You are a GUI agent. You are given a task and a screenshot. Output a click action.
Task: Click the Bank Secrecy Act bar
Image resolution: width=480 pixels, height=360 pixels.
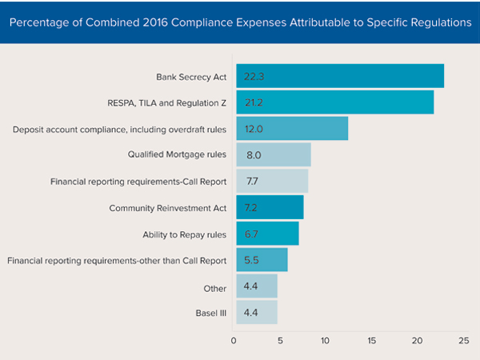click(339, 76)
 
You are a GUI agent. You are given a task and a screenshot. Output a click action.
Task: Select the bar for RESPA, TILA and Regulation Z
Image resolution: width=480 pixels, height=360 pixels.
click(334, 102)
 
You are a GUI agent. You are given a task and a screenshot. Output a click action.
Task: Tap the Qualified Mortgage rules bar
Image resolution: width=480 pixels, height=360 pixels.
click(273, 154)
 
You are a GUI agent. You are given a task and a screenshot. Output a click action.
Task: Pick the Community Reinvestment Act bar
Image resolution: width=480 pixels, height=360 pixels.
click(269, 207)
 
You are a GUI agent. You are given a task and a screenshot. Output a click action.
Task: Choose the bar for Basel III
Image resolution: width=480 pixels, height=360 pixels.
click(256, 312)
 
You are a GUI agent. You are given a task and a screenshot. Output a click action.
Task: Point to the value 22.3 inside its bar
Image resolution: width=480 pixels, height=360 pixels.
click(254, 76)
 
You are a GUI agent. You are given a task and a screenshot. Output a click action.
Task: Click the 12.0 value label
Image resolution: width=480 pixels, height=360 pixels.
click(254, 129)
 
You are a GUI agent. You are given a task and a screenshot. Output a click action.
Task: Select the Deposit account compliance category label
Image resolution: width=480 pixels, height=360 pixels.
click(121, 129)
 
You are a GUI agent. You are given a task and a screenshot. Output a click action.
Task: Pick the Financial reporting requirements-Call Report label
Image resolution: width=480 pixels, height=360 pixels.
click(138, 182)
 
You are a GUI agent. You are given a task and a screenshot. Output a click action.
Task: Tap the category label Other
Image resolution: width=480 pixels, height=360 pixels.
click(214, 286)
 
